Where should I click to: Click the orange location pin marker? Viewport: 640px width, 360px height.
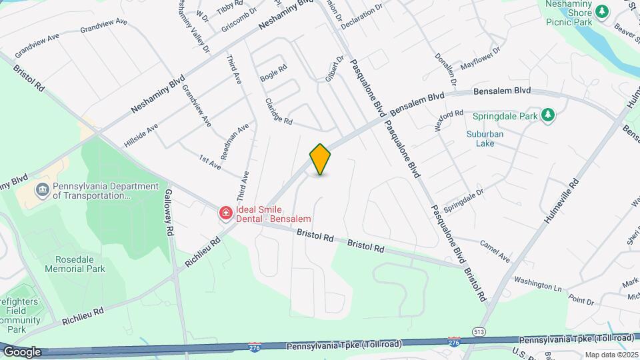pyautogui.click(x=321, y=159)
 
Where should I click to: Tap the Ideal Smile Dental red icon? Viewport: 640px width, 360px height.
pyautogui.click(x=226, y=213)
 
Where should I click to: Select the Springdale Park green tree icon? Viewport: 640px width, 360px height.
pyautogui.click(x=548, y=116)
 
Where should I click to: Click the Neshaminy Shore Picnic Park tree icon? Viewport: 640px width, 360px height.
pyautogui.click(x=602, y=12)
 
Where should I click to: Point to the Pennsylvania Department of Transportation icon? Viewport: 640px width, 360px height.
pyautogui.click(x=43, y=191)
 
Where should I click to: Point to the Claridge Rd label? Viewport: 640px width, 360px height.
pyautogui.click(x=279, y=111)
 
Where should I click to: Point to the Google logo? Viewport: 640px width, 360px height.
pyautogui.click(x=21, y=352)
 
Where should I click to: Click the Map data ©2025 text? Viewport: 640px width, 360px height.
pyautogui.click(x=611, y=355)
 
